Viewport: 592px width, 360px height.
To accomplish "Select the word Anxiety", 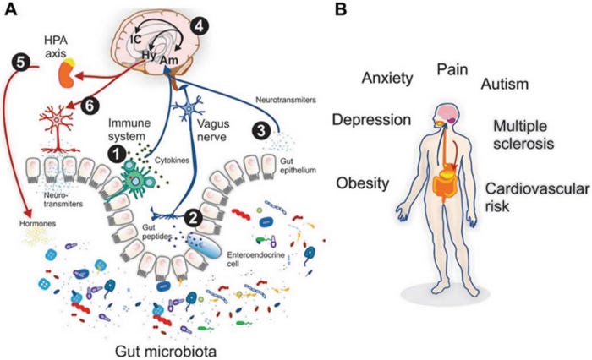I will click(386, 79).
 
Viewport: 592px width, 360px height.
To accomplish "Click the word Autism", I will click(504, 85).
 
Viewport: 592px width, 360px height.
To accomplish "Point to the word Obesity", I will click(363, 183).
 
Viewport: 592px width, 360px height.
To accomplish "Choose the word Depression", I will click(371, 119).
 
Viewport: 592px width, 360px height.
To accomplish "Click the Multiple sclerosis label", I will click(523, 134).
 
